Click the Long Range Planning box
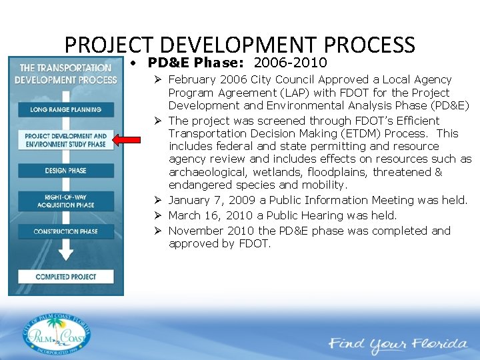point(65,109)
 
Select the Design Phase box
point(65,171)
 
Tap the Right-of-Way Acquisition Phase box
point(65,201)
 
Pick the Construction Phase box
point(65,231)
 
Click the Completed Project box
point(65,277)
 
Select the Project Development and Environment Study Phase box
point(65,140)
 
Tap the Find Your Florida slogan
point(397,344)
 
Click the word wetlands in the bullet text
point(275,172)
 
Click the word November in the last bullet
point(194,231)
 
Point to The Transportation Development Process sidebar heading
point(65,73)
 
